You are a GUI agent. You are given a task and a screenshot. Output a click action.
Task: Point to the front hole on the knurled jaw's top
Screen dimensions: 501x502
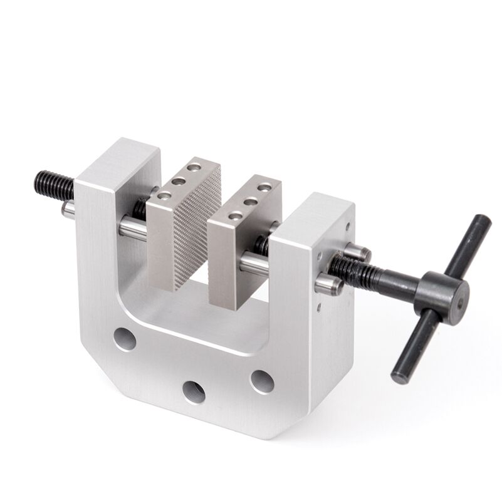pyautogui.click(x=165, y=195)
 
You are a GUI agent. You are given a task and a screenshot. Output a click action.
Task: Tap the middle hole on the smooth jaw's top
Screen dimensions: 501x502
pyautogui.click(x=250, y=202)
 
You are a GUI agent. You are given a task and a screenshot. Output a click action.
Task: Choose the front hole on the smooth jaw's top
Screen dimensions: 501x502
pyautogui.click(x=236, y=215)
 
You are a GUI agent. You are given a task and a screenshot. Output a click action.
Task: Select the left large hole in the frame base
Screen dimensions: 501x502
pyautogui.click(x=125, y=340)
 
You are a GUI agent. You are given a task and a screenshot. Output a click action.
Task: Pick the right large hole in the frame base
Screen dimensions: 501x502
pyautogui.click(x=261, y=379)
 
